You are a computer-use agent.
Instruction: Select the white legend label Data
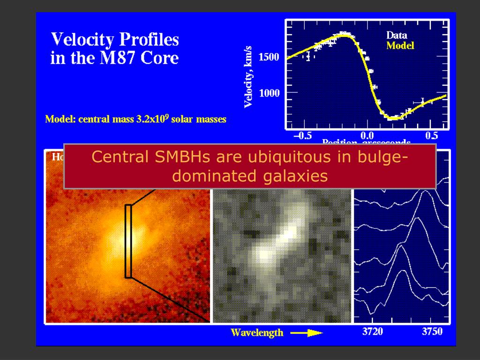[x=397, y=35]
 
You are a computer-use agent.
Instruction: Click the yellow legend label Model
[x=400, y=46]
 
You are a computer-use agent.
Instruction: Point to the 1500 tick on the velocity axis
[x=269, y=57]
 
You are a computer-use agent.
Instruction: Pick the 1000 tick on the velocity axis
[x=269, y=93]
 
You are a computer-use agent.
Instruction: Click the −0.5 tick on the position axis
[x=302, y=136]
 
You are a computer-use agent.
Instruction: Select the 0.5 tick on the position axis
[x=431, y=136]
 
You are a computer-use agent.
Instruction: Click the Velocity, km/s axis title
[x=249, y=77]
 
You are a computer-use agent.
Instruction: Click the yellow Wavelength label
[x=257, y=333]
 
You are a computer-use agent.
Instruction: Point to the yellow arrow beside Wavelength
[x=307, y=333]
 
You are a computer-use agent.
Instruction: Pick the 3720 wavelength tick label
[x=373, y=332]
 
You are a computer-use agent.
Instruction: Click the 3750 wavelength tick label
[x=432, y=332]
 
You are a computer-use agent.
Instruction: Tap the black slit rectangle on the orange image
[x=128, y=241]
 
